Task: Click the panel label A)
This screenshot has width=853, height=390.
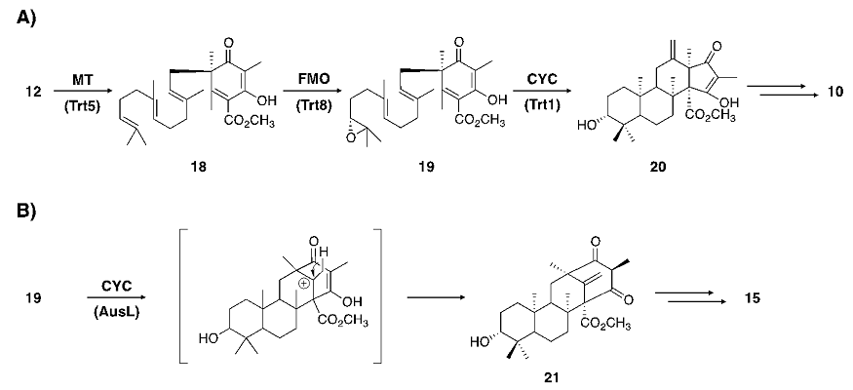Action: coord(18,19)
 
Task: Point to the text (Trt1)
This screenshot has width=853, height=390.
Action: coord(531,104)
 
